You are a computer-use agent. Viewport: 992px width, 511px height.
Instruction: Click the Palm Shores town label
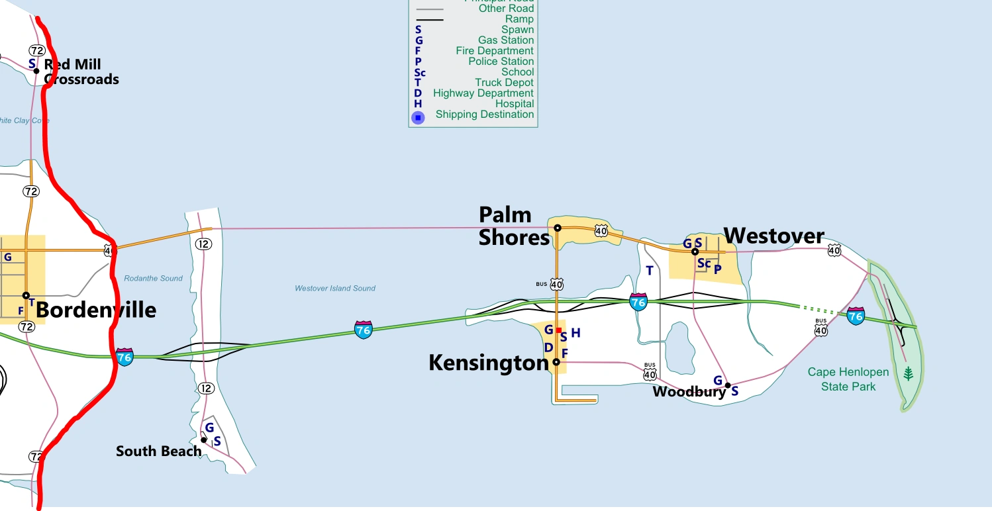pos(514,226)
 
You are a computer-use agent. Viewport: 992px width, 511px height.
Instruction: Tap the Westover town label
pos(773,236)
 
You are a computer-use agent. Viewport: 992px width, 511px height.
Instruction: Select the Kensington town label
pos(488,363)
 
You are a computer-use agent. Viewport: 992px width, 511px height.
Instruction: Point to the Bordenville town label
pos(96,310)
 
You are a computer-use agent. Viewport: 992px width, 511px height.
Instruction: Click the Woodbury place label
pos(689,392)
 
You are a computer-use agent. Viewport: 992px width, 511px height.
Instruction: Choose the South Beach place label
pos(158,451)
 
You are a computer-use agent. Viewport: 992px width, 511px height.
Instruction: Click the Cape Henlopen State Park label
pos(850,379)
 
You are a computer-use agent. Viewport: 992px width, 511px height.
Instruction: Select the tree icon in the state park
pos(909,375)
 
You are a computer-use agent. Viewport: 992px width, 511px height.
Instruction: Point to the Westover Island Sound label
pos(335,289)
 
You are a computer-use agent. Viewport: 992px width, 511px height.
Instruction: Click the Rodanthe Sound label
pos(153,279)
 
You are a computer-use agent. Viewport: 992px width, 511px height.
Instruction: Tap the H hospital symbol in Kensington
pos(575,333)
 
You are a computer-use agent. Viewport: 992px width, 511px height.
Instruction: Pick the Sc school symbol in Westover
pos(703,263)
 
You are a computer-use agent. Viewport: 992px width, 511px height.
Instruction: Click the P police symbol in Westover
pos(717,269)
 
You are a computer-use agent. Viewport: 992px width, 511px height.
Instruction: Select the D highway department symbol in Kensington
pos(548,348)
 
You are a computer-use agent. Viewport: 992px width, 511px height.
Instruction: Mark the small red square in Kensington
pos(559,330)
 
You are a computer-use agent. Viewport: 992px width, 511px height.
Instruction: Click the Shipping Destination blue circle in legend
pos(418,118)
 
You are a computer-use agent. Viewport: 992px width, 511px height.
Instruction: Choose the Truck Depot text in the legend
pos(504,83)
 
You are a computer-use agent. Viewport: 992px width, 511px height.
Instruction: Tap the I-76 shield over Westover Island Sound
pos(364,330)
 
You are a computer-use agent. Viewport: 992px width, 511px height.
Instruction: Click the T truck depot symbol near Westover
pos(650,270)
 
